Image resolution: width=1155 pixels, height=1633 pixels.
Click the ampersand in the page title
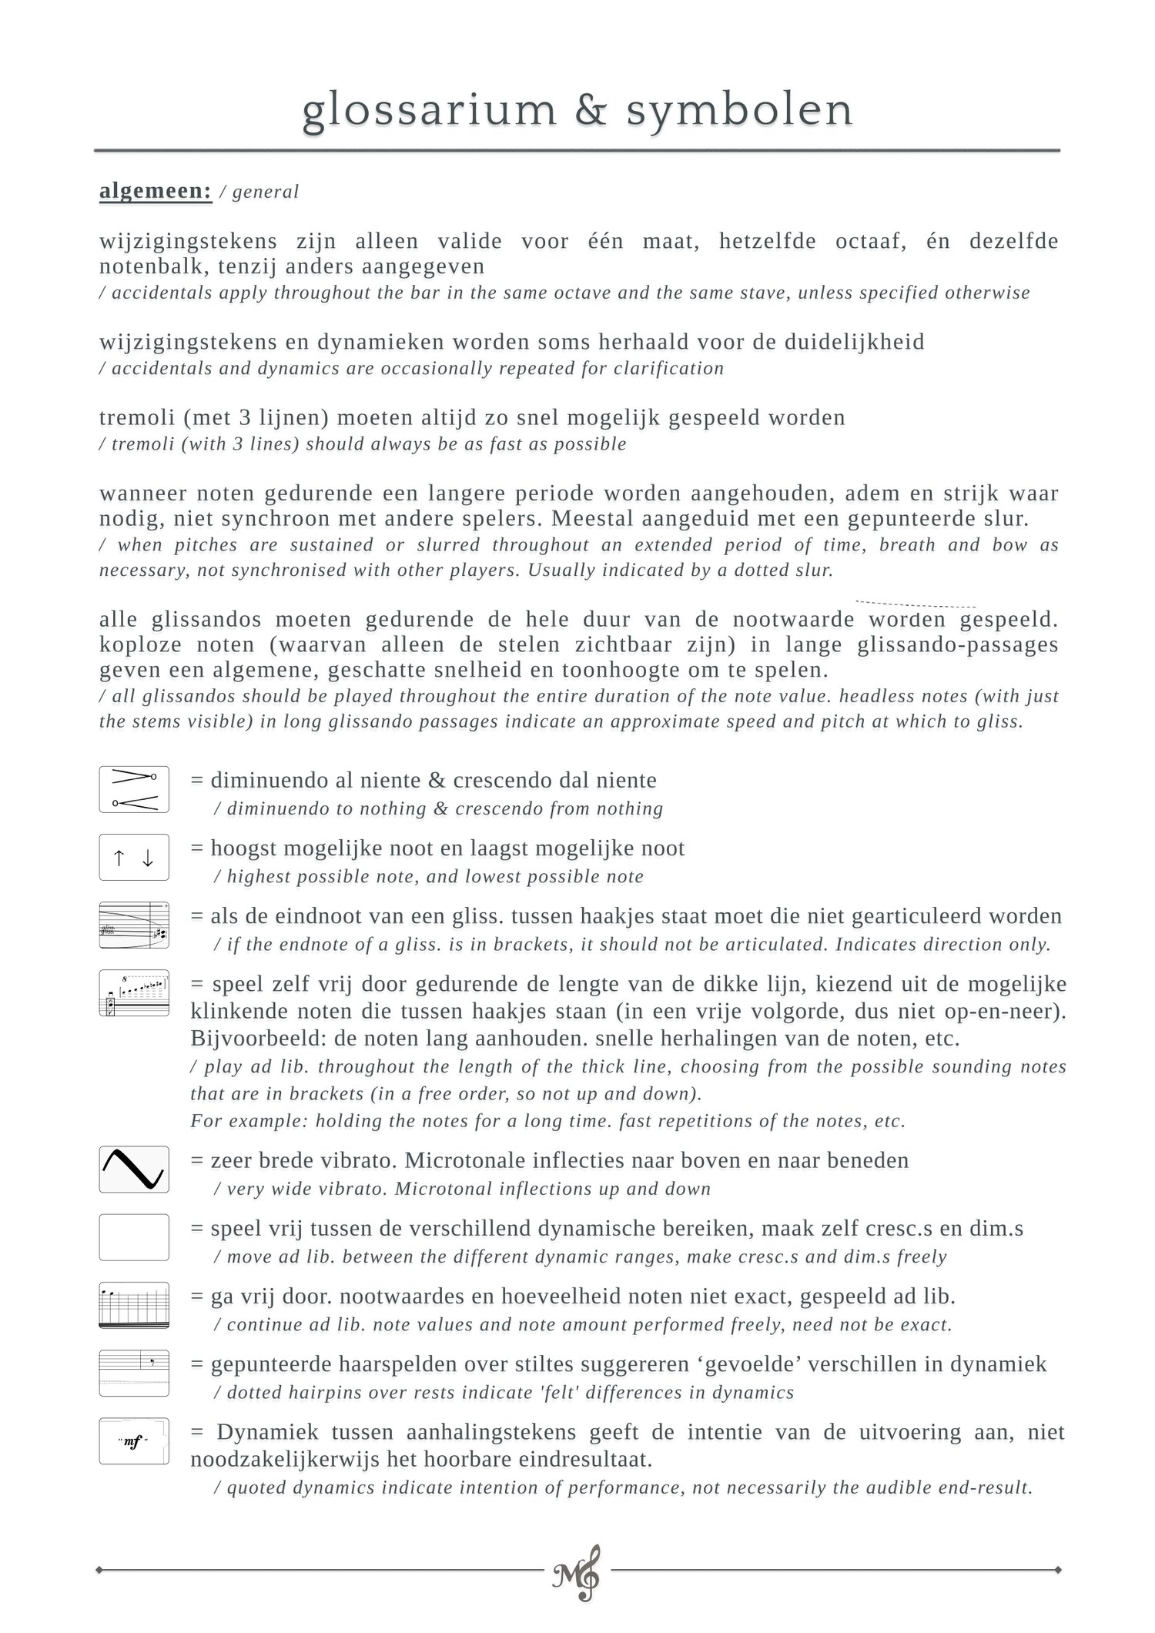point(590,110)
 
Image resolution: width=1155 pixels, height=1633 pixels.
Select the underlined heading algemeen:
point(155,191)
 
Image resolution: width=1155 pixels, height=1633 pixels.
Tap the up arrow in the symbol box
point(119,858)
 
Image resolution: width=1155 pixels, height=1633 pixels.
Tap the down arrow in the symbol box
point(148,858)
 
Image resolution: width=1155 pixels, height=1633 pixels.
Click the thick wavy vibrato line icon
point(134,1169)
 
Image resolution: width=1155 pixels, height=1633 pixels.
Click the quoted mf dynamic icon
point(134,1441)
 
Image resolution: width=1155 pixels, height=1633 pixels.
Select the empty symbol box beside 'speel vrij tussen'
point(134,1237)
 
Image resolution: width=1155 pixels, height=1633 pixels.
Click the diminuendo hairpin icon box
point(134,789)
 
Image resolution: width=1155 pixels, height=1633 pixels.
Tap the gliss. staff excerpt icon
point(134,925)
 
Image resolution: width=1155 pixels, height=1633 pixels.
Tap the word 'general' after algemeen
point(265,192)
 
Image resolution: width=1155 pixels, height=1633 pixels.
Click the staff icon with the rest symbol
point(134,1373)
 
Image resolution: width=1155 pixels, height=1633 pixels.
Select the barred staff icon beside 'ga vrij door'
point(134,1305)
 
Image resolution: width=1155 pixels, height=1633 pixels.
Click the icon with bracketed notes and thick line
point(134,993)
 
